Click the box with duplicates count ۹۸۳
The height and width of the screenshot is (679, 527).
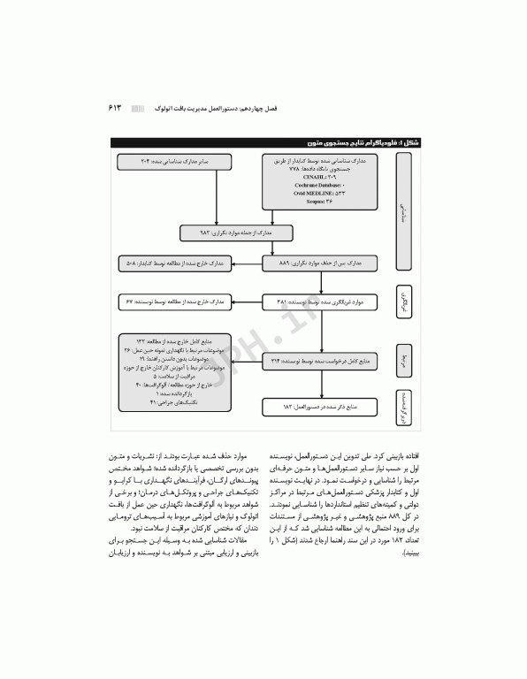[x=232, y=233]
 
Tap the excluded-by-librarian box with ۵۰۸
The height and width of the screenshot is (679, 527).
[x=170, y=263]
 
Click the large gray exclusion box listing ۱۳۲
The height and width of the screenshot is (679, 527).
[x=170, y=360]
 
